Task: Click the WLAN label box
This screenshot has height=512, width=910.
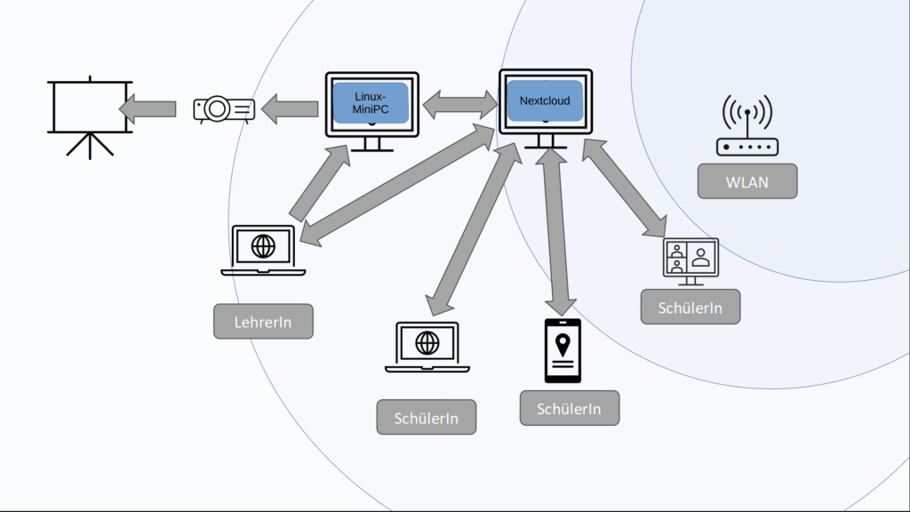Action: coord(747,181)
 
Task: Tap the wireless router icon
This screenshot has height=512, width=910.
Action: coord(746,128)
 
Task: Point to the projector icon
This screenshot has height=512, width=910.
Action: coord(224,108)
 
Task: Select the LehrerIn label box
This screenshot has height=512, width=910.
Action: coord(263,321)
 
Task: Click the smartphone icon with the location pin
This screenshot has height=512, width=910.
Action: coord(563,349)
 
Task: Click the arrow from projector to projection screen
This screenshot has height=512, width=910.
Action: coord(148,108)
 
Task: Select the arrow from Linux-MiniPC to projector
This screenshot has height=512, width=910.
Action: coord(291,109)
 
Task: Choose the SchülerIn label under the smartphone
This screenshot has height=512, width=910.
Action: coord(570,408)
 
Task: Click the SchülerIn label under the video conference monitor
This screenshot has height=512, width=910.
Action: coord(690,307)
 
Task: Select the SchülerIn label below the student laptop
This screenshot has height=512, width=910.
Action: coord(427,417)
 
